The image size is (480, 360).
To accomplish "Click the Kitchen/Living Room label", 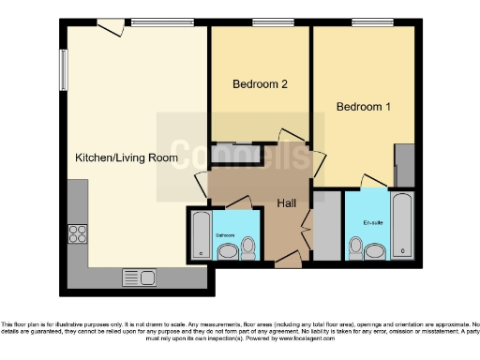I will [127, 157].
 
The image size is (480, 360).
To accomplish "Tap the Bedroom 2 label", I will [260, 84].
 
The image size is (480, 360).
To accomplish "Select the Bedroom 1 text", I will [364, 107].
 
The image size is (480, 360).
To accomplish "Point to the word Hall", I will [288, 203].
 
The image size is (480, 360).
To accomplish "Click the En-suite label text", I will [372, 223].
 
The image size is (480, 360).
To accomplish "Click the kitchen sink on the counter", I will [141, 277].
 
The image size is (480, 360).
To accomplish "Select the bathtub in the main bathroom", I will [201, 235].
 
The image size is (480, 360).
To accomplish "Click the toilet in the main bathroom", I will [248, 247].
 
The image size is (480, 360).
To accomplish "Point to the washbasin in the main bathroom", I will [227, 251].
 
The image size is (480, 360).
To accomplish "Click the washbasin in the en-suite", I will [376, 250].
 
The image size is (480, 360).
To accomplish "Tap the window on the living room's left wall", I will [65, 69].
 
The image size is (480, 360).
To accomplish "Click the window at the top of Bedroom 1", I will [365, 22].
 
